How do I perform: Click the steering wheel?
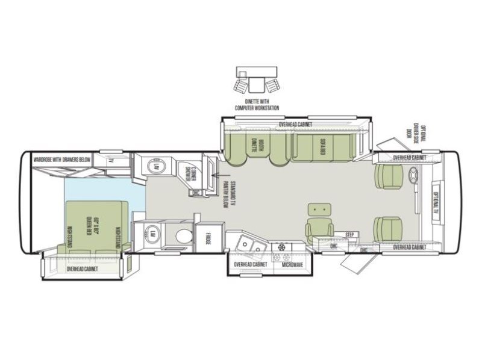tap(415, 176)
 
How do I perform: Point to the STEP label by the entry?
tap(348, 234)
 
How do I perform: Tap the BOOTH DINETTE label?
tap(253, 146)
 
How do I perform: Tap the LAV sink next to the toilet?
tap(153, 234)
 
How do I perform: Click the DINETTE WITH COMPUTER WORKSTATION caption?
tap(258, 105)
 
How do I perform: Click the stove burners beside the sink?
tap(282, 247)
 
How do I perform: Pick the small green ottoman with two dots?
tap(319, 209)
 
